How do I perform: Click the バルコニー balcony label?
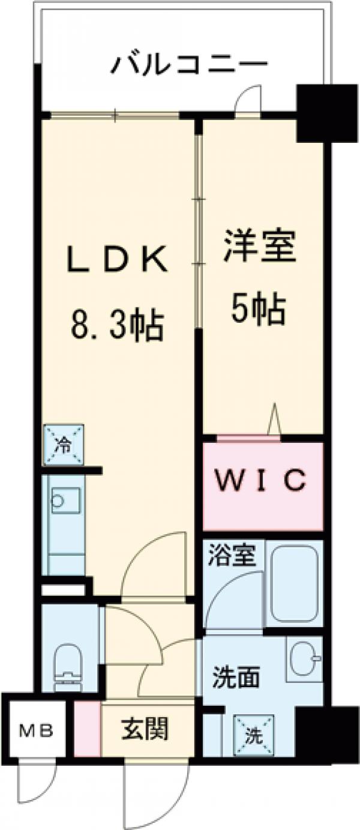click(188, 64)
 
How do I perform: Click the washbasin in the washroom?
click(304, 658)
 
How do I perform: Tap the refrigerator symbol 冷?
click(63, 445)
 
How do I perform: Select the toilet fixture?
click(68, 664)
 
